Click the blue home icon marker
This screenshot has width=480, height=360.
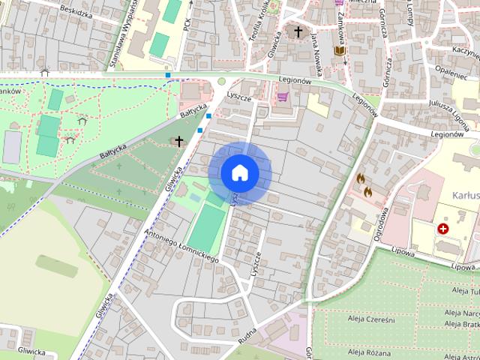(239, 172)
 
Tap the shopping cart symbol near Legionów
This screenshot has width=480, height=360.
(283, 96)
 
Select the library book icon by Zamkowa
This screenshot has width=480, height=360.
(339, 51)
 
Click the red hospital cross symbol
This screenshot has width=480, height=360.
(443, 227)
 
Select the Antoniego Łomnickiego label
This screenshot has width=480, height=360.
(181, 245)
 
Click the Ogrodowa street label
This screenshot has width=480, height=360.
(382, 223)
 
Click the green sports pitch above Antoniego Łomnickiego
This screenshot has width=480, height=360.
(206, 228)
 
